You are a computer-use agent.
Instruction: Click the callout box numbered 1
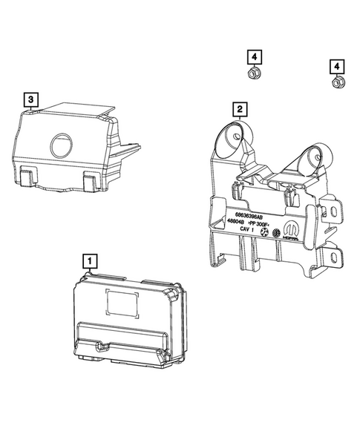(88, 260)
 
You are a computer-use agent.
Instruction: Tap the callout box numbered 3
(30, 98)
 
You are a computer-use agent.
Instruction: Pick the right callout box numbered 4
(337, 67)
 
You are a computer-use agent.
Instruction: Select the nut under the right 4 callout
(338, 84)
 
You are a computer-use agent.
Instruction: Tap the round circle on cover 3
(60, 145)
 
